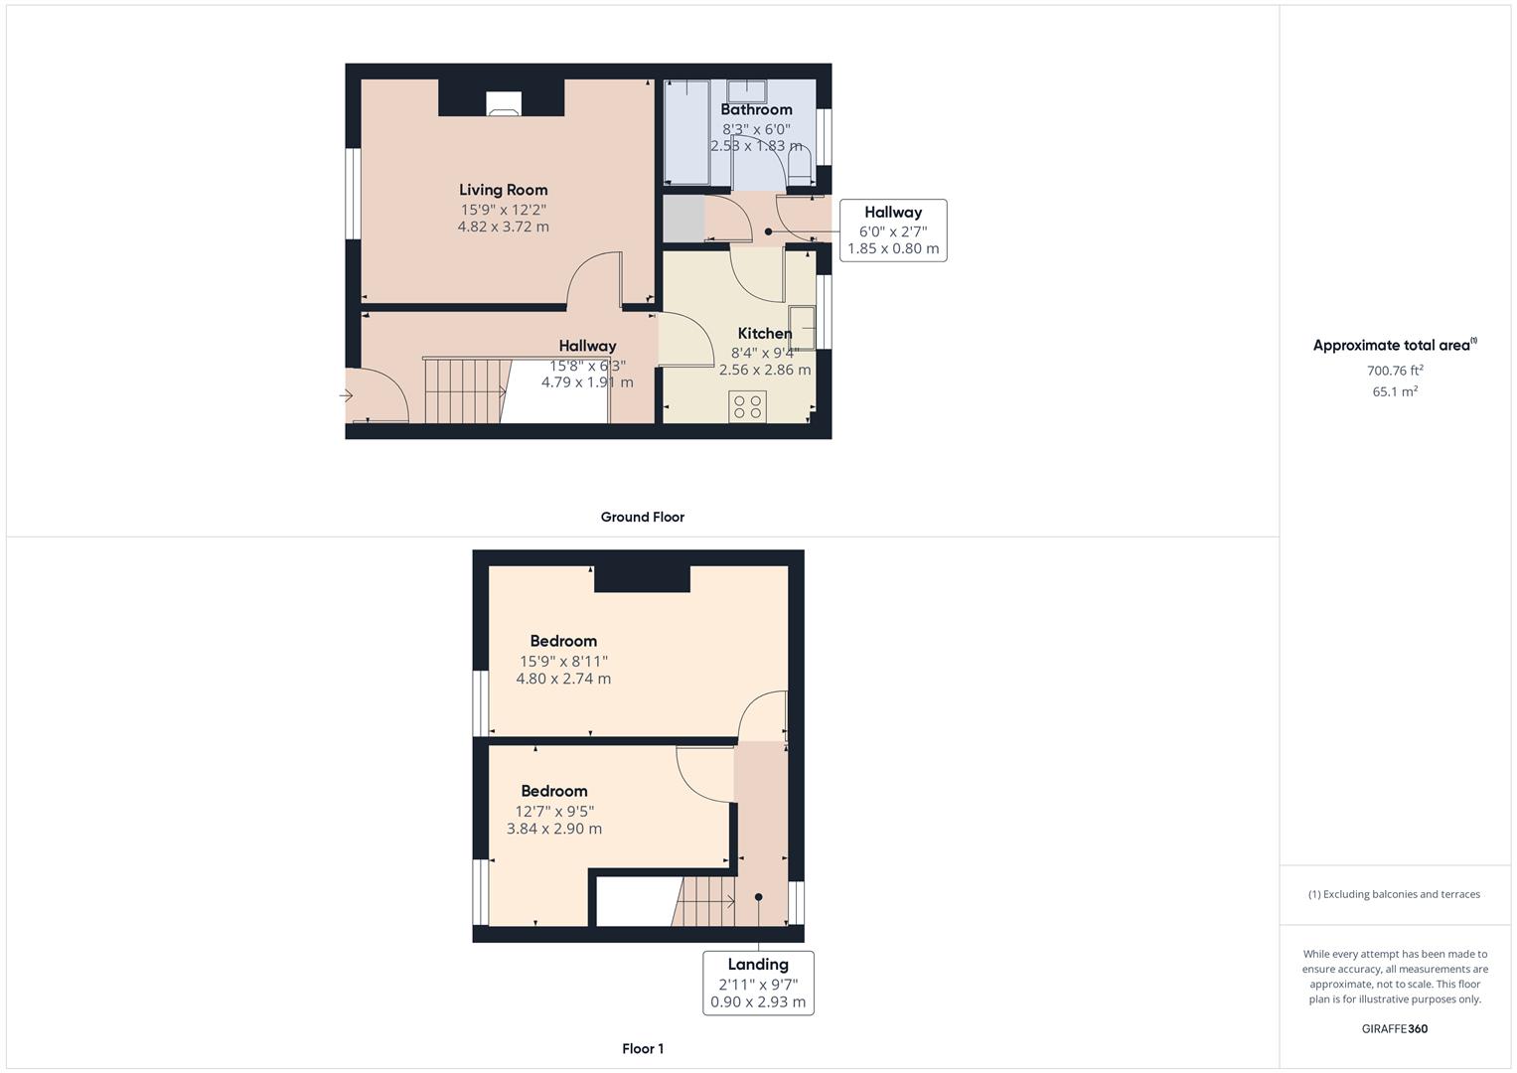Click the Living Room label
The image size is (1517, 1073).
point(503,190)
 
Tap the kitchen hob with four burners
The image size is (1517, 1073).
point(747,406)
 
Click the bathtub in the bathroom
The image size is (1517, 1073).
point(686,131)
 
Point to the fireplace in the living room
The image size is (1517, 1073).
point(503,103)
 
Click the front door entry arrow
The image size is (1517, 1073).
point(347,396)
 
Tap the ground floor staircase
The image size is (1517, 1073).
point(464,390)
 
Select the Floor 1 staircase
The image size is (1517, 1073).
point(706,901)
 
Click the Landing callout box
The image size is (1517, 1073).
point(758,983)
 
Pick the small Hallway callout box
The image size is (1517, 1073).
point(892,230)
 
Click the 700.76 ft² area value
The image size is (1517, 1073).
point(1395,371)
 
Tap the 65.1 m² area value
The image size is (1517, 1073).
point(1395,391)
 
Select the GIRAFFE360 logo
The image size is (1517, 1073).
point(1394,1029)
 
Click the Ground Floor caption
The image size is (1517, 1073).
point(642,517)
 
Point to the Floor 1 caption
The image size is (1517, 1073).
point(642,1048)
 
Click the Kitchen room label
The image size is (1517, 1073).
point(764,333)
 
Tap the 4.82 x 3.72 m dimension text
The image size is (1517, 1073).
point(503,227)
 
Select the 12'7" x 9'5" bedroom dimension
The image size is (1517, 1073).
point(554,811)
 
